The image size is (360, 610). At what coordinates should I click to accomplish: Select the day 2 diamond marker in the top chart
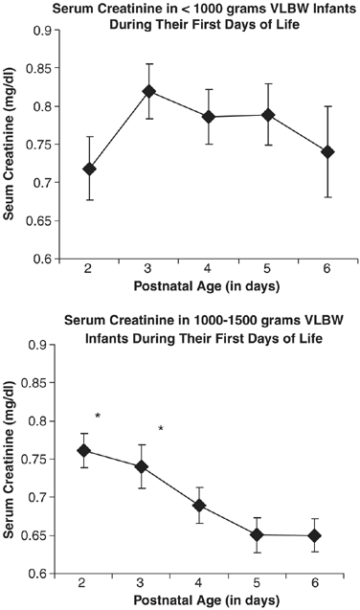(89, 169)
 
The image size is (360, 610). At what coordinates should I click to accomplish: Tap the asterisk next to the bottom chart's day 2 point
(99, 417)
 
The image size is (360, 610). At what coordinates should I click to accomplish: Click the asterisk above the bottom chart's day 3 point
(161, 429)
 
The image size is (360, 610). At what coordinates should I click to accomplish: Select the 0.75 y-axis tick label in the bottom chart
(46, 459)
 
